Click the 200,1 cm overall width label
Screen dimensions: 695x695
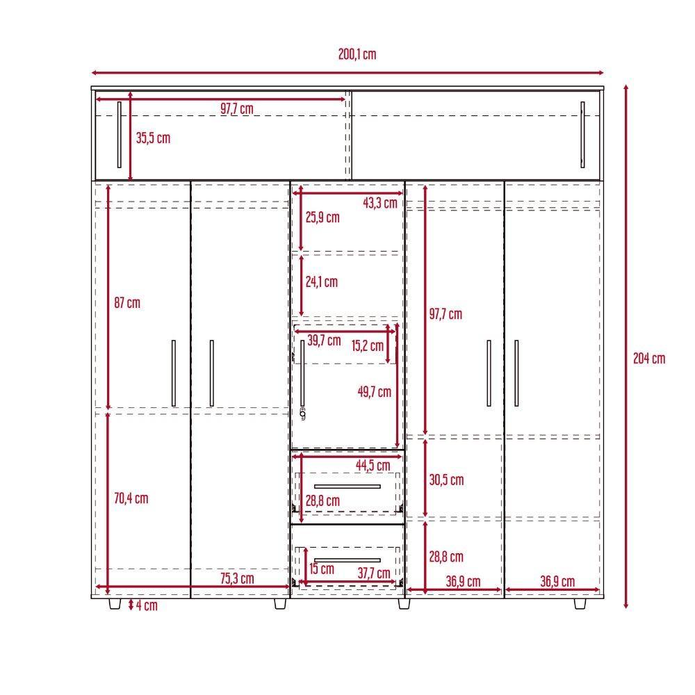click(x=357, y=54)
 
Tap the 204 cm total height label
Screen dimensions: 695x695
click(x=649, y=359)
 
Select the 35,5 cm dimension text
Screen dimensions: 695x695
click(x=153, y=138)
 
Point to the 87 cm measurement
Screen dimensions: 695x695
click(x=127, y=303)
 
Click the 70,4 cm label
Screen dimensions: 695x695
click(x=131, y=498)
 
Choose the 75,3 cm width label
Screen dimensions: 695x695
click(x=237, y=578)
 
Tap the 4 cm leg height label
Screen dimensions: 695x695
click(x=146, y=605)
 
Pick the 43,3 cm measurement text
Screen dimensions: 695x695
click(x=380, y=203)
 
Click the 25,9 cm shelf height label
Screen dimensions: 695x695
click(x=322, y=217)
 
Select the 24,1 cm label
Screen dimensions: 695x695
click(x=322, y=281)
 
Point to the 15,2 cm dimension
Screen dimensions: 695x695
click(x=368, y=345)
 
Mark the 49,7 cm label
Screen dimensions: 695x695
click(x=375, y=391)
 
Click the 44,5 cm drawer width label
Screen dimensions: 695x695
click(x=373, y=466)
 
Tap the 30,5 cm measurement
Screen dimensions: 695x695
click(x=446, y=480)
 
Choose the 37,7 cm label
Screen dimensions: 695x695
click(x=374, y=573)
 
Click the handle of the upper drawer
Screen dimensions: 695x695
click(x=347, y=486)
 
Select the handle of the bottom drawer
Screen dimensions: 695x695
click(x=347, y=559)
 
